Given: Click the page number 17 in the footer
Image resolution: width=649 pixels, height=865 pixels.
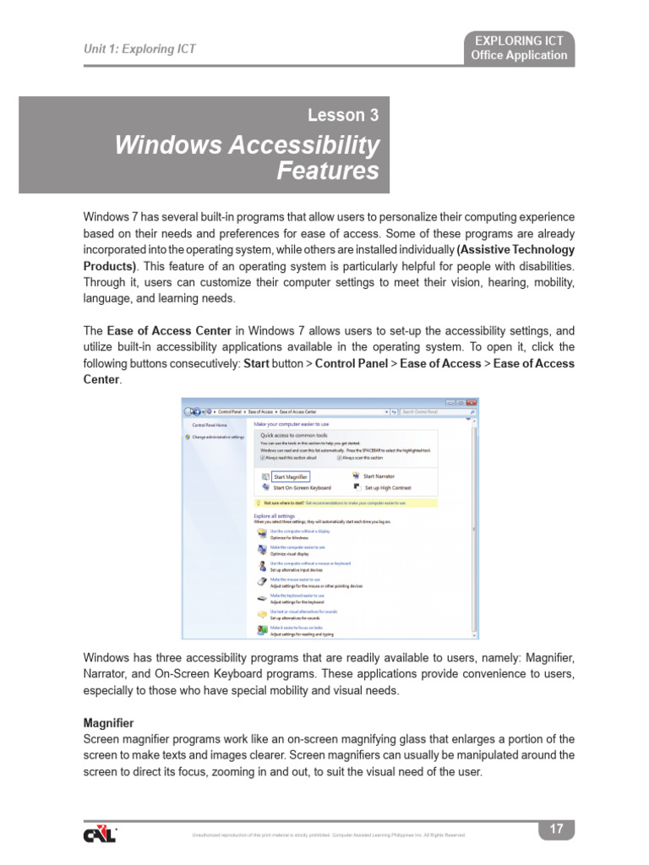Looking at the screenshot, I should [x=556, y=830].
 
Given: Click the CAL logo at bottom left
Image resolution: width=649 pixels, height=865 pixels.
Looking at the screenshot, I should [x=100, y=834].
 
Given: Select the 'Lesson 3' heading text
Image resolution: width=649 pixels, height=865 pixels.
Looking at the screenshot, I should [x=342, y=116].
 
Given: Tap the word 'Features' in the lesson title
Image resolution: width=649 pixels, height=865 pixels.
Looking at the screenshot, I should [x=328, y=171].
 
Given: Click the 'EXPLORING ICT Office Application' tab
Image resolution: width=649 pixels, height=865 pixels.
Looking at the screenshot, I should [x=520, y=48].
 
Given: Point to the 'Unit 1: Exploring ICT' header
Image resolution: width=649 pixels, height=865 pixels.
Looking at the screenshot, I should [x=139, y=49].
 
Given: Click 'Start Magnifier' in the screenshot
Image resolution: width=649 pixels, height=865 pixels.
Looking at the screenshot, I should [x=290, y=476].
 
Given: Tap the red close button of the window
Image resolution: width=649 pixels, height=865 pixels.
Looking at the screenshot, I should [x=472, y=403].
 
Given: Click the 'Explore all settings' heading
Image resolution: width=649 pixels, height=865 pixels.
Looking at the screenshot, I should [x=275, y=515].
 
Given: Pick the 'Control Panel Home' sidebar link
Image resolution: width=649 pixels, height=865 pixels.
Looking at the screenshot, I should [x=210, y=425].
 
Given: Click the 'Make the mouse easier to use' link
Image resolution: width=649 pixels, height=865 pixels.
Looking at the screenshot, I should [x=295, y=579].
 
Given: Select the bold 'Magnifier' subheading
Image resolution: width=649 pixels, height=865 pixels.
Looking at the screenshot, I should [x=108, y=724].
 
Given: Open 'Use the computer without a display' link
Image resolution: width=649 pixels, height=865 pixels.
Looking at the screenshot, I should [x=299, y=531].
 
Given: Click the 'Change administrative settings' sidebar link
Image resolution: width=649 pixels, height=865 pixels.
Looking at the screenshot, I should [x=218, y=437].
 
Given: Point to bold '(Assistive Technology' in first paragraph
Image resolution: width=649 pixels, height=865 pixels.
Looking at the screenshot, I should [x=515, y=250].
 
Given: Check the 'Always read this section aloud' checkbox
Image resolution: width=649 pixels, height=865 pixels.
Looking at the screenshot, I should [x=262, y=457].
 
